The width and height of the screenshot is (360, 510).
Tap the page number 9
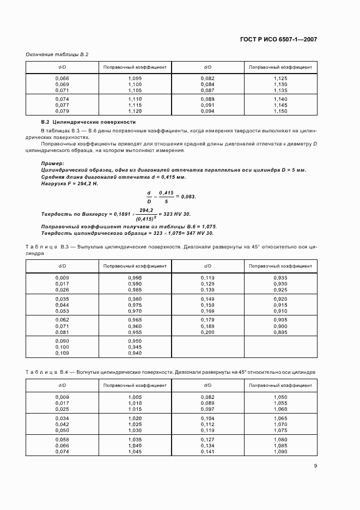315,466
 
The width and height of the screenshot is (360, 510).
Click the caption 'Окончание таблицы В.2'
57,54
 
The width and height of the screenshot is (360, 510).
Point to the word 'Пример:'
53,163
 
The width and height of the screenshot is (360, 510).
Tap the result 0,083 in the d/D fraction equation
188,196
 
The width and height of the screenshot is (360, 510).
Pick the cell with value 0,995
135,278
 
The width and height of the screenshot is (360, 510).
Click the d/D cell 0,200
208,332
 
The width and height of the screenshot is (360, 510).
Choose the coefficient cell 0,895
280,332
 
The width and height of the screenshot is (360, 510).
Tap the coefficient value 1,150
280,111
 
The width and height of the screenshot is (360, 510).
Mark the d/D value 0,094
208,111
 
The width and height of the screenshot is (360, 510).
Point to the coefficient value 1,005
135,397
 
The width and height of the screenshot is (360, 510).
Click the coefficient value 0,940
135,353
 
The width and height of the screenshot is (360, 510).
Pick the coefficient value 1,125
280,78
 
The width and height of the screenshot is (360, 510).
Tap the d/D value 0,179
208,320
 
